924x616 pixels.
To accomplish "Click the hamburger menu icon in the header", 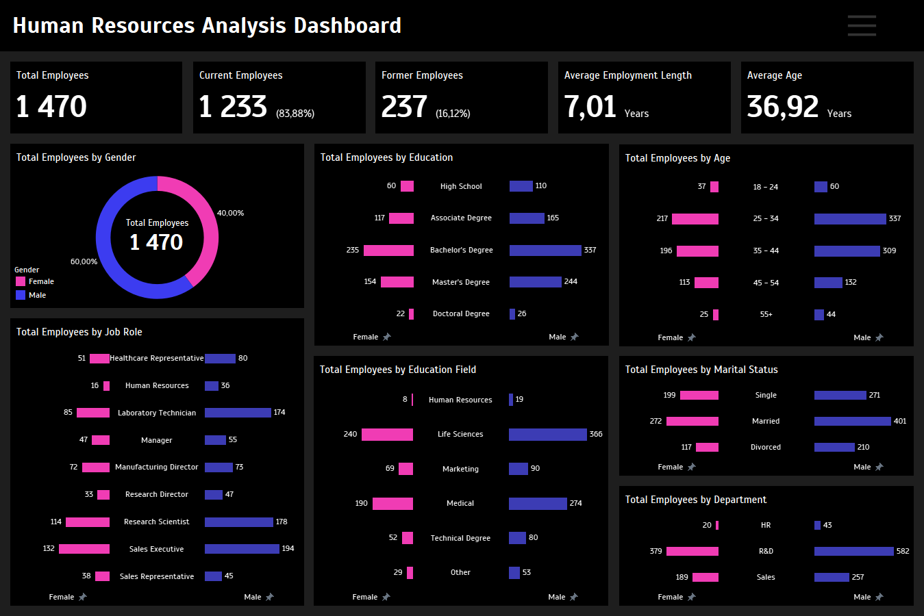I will pyautogui.click(x=862, y=25).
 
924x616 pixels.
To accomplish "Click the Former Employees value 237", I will pyautogui.click(x=404, y=107).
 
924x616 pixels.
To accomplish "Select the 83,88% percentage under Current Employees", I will pyautogui.click(x=295, y=114).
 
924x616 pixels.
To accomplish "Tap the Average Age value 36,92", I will pyautogui.click(x=782, y=107).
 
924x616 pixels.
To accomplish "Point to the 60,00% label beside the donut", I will pyautogui.click(x=84, y=261).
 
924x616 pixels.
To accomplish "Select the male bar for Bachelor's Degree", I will pyautogui.click(x=545, y=251).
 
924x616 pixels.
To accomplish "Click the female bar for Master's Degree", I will pyautogui.click(x=397, y=282).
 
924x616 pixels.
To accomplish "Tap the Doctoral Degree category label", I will pyautogui.click(x=461, y=313).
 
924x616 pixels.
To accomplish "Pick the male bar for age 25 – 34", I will pyautogui.click(x=850, y=219).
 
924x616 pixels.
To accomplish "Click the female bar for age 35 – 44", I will pyautogui.click(x=697, y=251).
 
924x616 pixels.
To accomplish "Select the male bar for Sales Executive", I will pyautogui.click(x=242, y=549).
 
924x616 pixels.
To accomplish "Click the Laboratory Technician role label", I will pyautogui.click(x=157, y=413).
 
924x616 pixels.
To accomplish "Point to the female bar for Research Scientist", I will pyautogui.click(x=88, y=522).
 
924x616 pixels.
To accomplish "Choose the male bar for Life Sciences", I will pyautogui.click(x=547, y=435).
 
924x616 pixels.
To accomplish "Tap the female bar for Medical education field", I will pyautogui.click(x=392, y=504).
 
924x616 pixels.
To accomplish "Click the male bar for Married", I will pyautogui.click(x=853, y=422).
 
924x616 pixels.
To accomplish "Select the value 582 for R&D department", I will pyautogui.click(x=903, y=551).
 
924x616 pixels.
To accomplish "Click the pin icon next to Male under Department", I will pyautogui.click(x=879, y=597).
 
